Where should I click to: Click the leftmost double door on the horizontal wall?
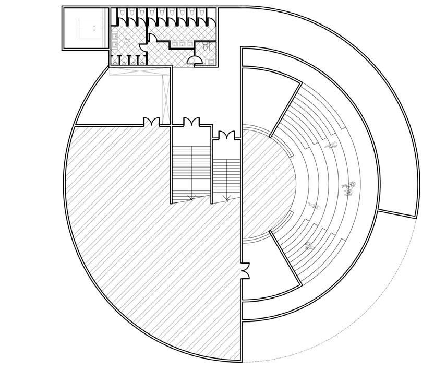151,122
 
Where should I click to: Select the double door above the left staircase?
191,122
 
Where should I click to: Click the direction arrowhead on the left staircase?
191,198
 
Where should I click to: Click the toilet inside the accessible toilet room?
206,46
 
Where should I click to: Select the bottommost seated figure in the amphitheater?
308,245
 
